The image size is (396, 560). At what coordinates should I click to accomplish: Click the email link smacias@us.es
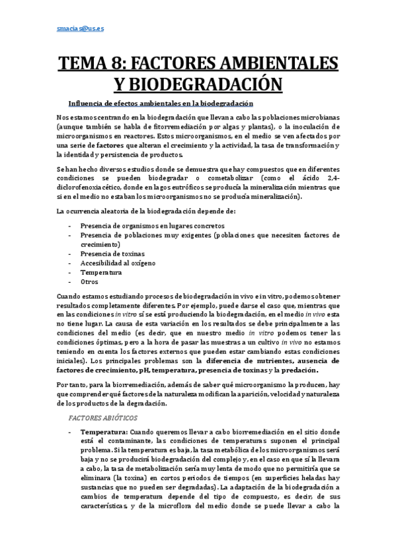(75, 29)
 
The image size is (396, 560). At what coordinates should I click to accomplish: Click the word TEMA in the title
(87, 64)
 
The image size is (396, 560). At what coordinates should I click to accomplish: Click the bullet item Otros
(89, 282)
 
